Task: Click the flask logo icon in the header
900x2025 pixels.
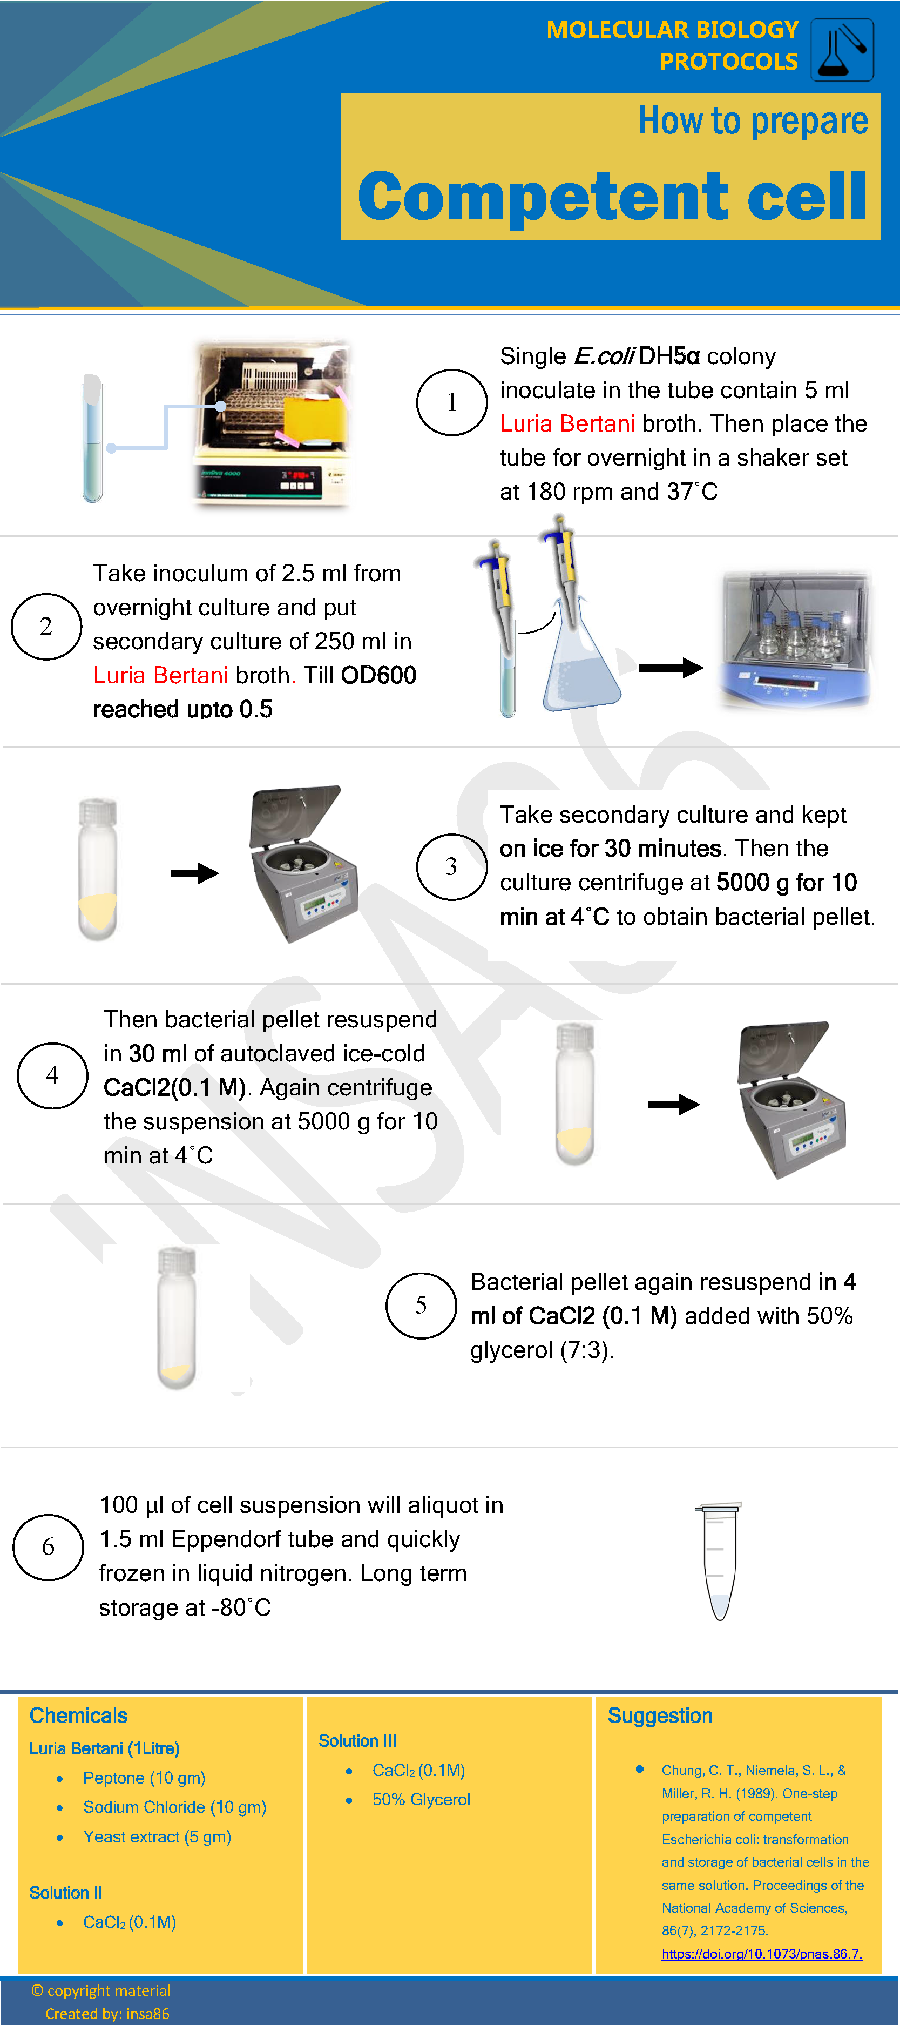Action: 842,50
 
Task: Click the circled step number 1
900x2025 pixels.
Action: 451,402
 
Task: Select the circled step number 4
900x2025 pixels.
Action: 53,1075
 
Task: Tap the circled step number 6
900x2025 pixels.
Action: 48,1547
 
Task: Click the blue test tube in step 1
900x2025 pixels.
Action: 93,438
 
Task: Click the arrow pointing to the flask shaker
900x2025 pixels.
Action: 671,668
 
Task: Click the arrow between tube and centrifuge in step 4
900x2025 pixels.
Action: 674,1105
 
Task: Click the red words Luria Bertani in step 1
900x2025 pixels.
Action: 567,423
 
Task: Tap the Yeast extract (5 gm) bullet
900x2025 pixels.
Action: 157,1836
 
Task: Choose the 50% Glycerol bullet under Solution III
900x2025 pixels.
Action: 421,1799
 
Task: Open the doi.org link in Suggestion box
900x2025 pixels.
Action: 761,1954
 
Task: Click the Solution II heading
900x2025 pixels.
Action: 65,1892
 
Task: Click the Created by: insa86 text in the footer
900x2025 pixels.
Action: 107,2013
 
